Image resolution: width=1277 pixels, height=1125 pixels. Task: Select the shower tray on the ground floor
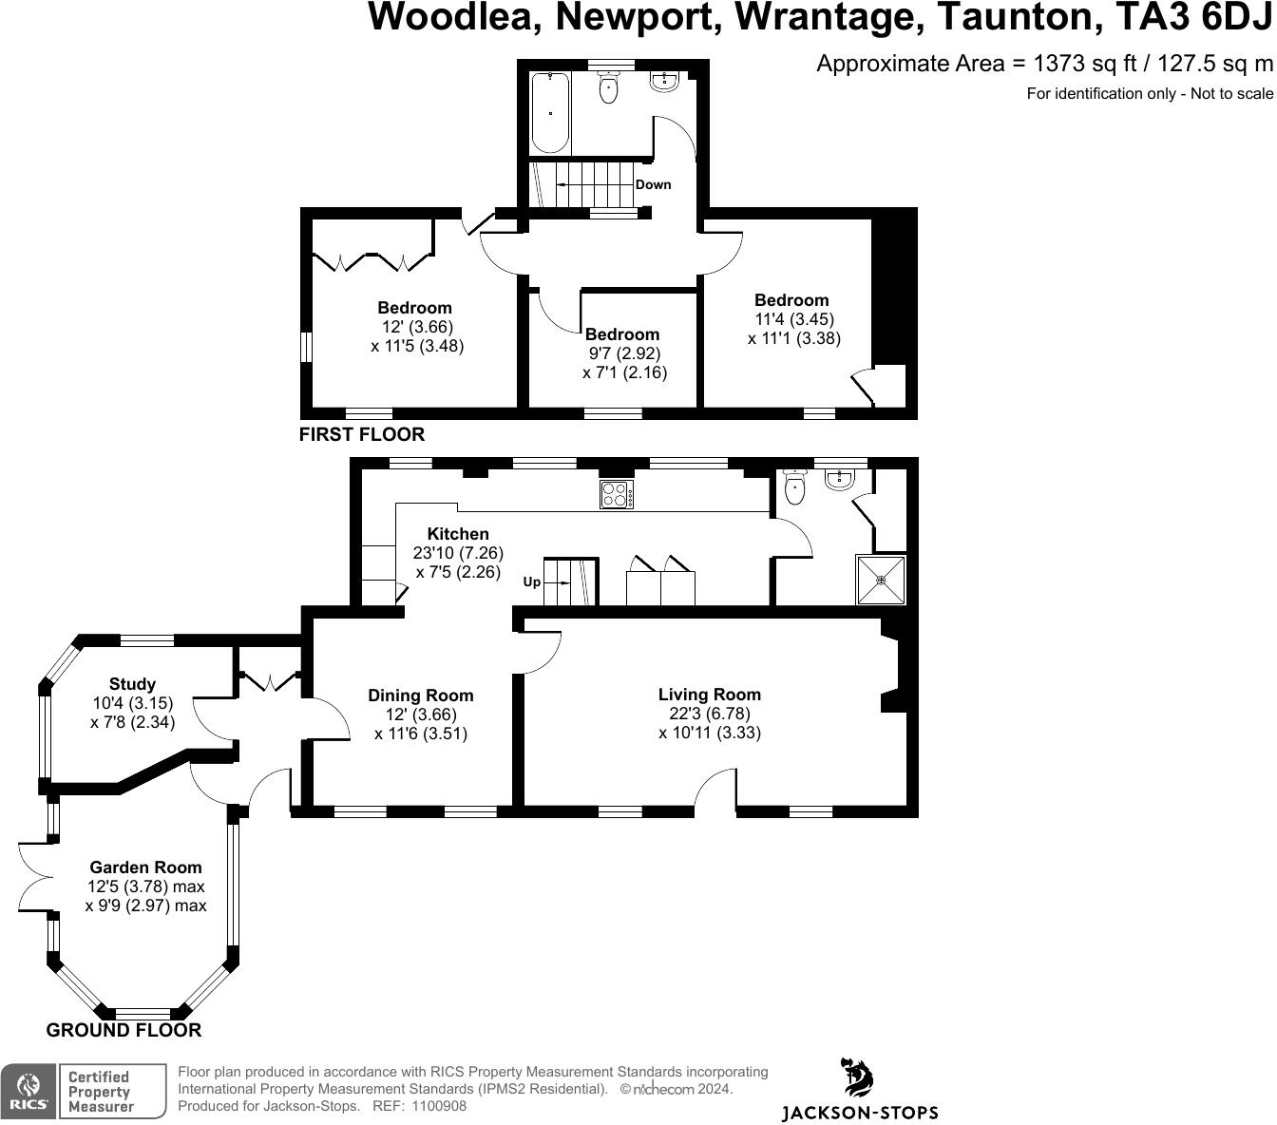[881, 580]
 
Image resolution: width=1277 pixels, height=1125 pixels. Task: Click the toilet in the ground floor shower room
[795, 487]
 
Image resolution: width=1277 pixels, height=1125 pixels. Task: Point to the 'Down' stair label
[653, 184]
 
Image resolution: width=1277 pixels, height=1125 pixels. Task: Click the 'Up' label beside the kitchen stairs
[532, 582]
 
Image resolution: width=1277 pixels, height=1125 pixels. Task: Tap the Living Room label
[710, 695]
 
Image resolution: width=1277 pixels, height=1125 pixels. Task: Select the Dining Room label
[420, 696]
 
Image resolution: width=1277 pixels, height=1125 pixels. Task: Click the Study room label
[132, 684]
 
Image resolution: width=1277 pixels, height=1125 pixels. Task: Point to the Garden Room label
[145, 867]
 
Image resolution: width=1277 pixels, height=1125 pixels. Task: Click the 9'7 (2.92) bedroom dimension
[623, 353]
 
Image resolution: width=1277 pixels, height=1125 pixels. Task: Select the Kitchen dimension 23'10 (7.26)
[458, 553]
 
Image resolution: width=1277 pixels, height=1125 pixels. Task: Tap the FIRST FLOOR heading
[361, 434]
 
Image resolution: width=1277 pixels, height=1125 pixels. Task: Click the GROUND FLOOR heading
[124, 1030]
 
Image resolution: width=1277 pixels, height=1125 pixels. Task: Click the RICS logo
[29, 1091]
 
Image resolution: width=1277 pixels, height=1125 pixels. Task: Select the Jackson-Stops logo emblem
[859, 1079]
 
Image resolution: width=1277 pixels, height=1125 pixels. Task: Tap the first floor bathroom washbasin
[664, 84]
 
